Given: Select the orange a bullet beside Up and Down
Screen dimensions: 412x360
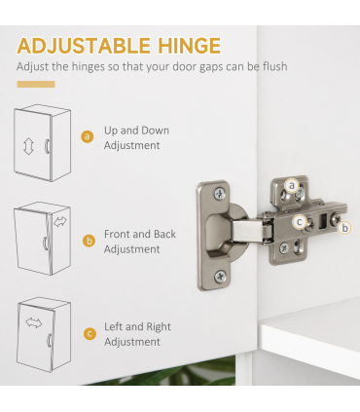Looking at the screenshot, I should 88,137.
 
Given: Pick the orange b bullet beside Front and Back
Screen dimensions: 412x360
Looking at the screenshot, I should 88,241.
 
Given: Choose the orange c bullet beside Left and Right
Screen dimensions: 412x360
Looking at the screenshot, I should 88,334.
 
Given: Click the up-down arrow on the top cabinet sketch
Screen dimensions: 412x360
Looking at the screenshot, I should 27,146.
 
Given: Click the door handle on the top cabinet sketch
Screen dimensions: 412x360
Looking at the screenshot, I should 48,146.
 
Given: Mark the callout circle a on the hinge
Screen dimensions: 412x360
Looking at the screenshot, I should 291,185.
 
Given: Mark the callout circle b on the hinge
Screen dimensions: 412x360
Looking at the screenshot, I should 345,228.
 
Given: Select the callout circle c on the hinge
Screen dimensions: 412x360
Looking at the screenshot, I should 300,220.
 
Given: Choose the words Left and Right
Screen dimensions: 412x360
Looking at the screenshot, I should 138,326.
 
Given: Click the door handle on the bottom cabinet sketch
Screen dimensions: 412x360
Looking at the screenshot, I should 49,341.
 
